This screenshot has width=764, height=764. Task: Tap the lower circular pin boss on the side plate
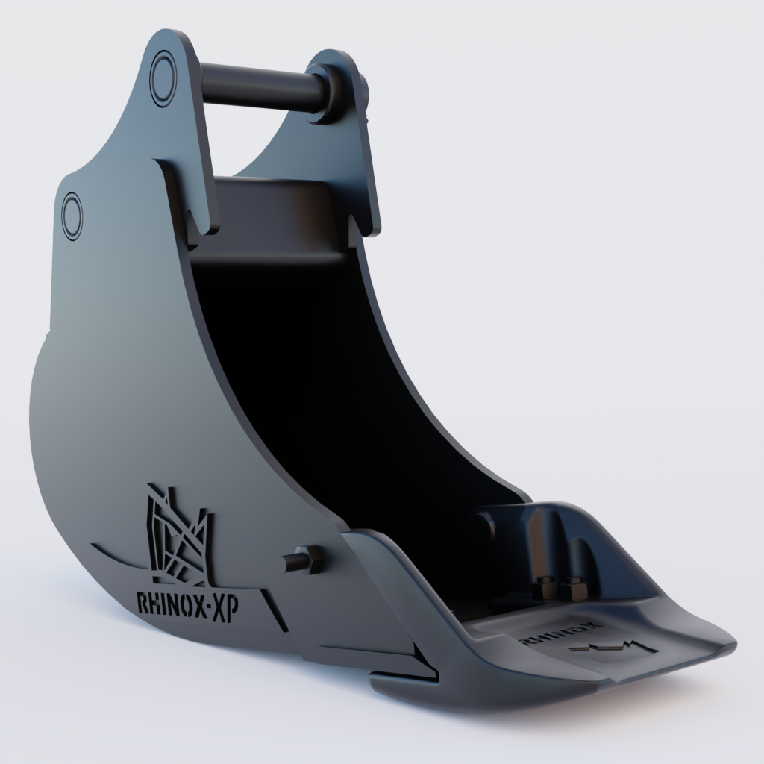(72, 214)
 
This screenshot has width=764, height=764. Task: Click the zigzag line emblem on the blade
(608, 647)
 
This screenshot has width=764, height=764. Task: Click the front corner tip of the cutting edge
(727, 643)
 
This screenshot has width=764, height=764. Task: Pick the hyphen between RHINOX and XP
(207, 606)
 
